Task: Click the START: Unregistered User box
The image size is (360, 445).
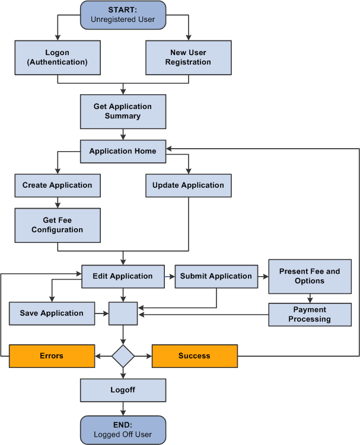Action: pos(123,15)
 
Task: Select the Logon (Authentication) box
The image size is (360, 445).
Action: pos(58,57)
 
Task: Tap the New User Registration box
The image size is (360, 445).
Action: pos(188,57)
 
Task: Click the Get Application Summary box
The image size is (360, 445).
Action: pos(123,111)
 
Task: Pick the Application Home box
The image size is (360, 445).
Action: pos(123,151)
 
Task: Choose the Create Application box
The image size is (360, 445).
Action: pos(58,185)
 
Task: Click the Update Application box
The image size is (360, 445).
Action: pos(188,185)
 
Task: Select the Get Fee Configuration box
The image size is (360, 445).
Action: pos(58,225)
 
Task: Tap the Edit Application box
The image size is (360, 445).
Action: pos(123,276)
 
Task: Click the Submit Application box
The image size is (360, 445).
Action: pos(216,276)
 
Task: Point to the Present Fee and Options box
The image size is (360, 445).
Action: pos(309,276)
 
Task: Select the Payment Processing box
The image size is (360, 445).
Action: pos(309,314)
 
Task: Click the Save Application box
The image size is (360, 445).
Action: pos(52,313)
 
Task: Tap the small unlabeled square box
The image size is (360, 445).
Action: pos(123,313)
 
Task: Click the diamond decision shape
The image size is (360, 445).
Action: pos(123,356)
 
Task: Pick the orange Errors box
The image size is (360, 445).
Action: pos(52,356)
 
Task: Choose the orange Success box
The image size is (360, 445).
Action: pos(195,356)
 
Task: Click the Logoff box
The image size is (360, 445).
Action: pos(123,390)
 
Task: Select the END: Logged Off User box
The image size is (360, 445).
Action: pos(123,430)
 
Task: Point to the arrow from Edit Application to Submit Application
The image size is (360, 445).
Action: pos(170,276)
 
